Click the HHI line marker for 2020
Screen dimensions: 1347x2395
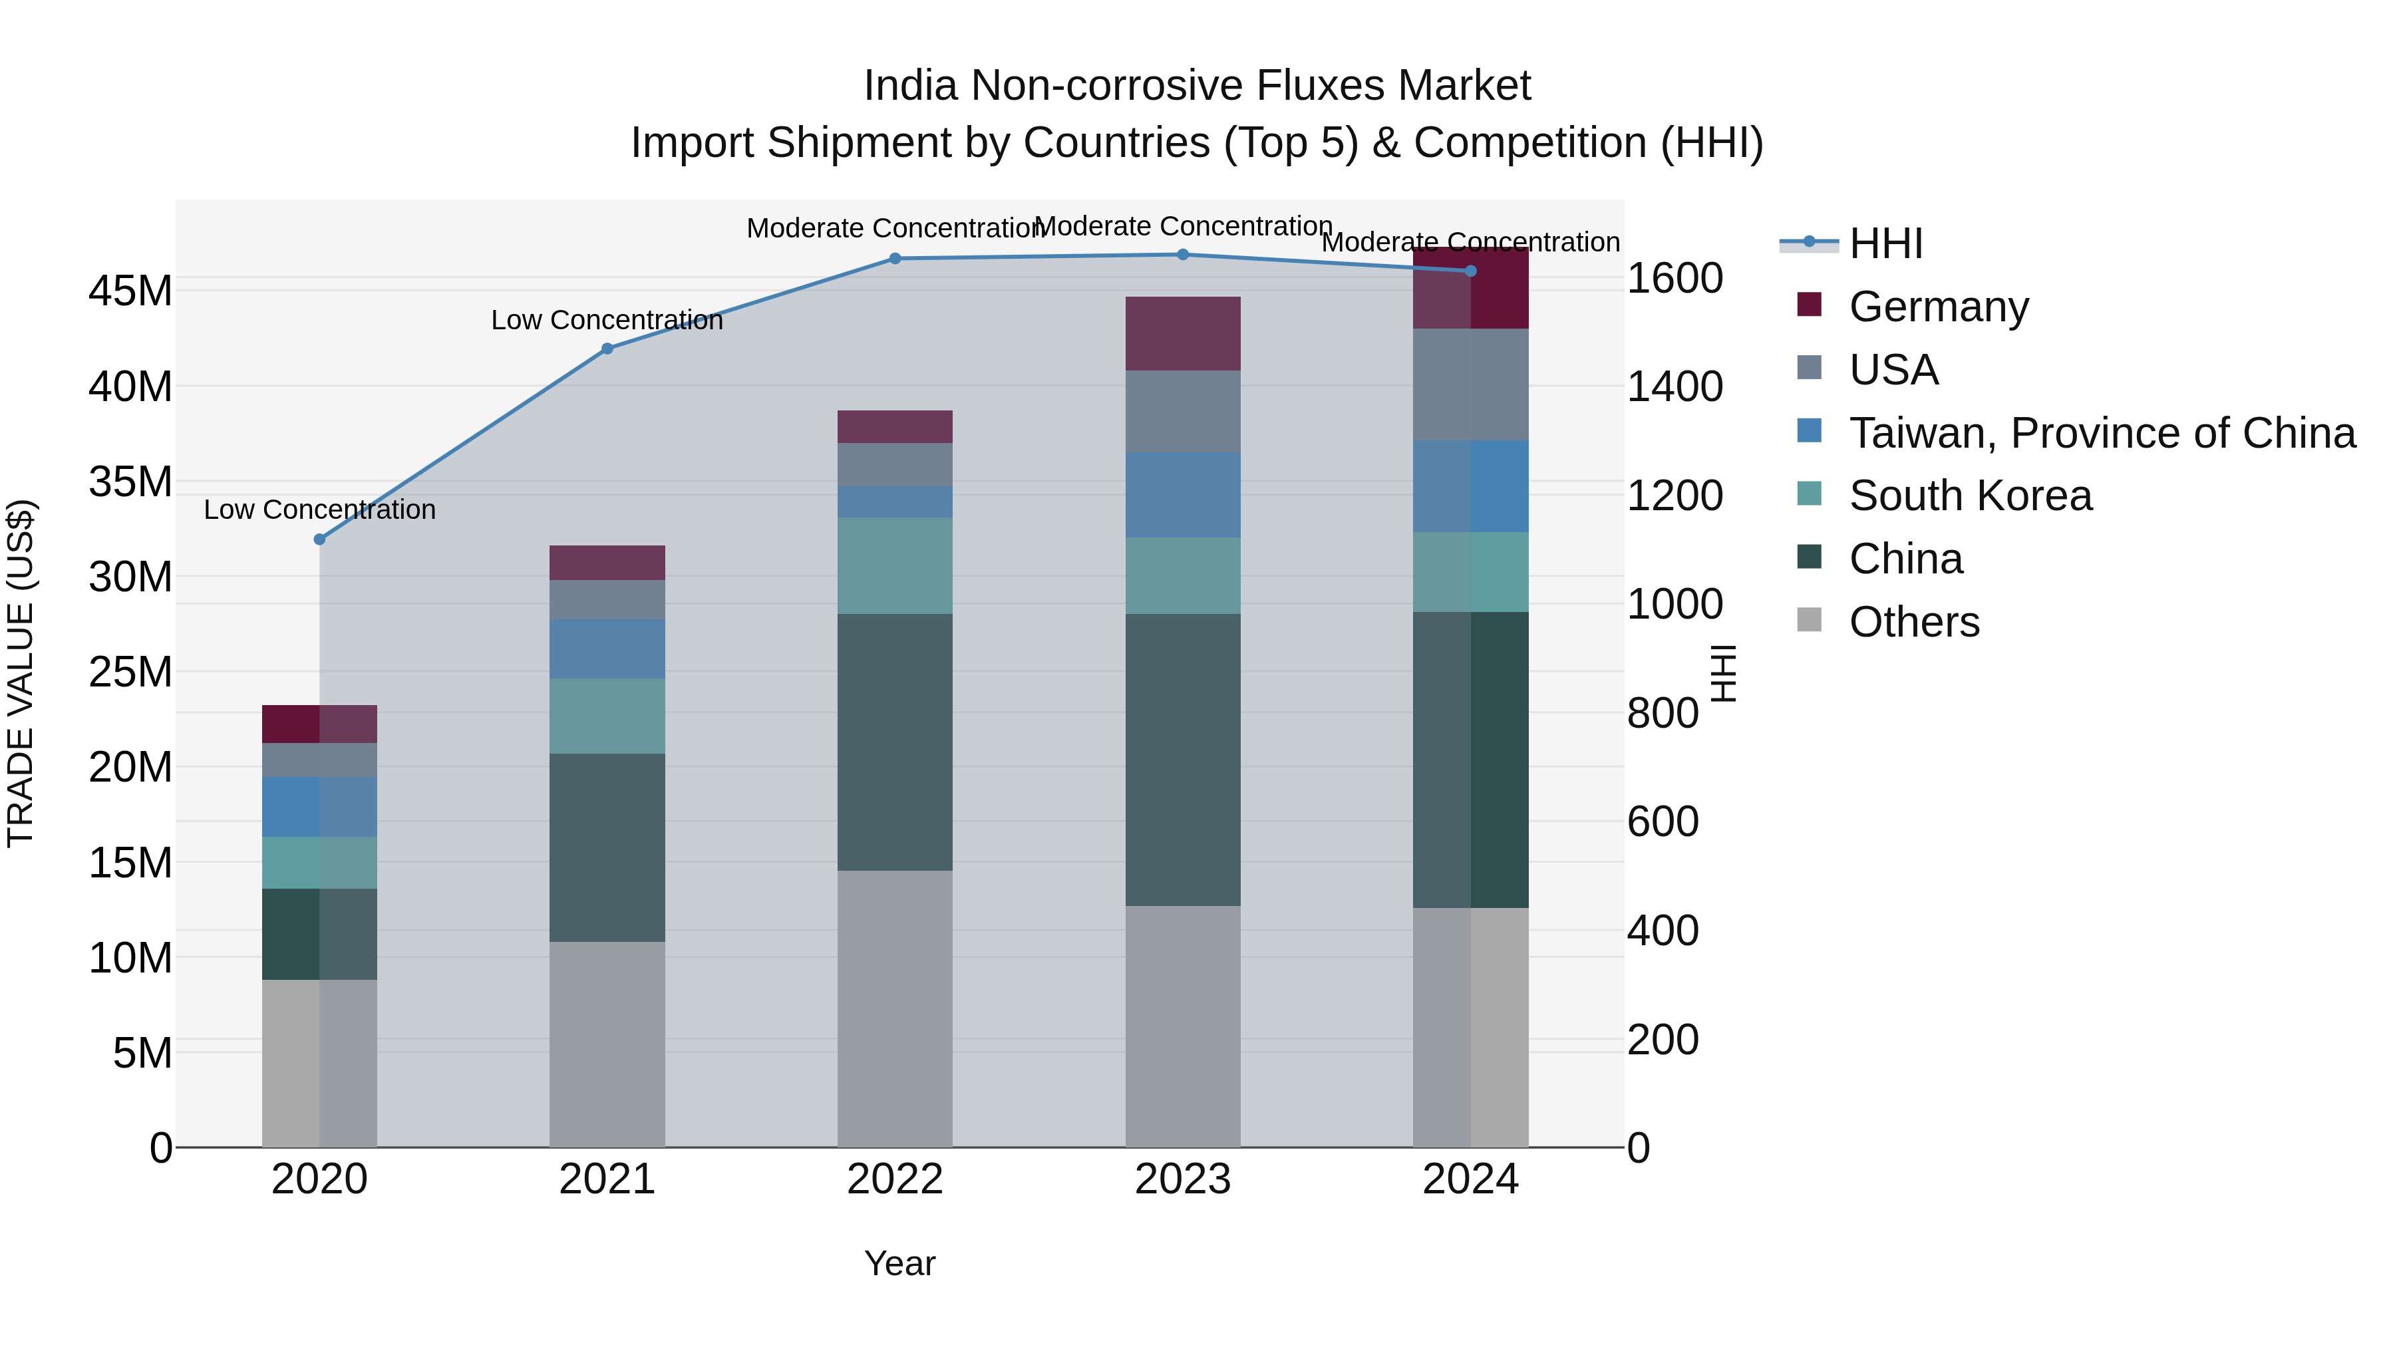tap(320, 539)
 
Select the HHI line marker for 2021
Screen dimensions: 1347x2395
tap(607, 349)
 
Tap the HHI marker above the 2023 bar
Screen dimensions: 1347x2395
tap(1183, 255)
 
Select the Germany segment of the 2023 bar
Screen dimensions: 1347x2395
tap(1183, 334)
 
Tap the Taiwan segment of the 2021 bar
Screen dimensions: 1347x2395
tap(607, 649)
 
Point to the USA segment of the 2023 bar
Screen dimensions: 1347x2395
tap(1183, 412)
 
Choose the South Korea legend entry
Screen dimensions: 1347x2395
tap(1970, 496)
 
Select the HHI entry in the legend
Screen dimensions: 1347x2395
tap(1885, 243)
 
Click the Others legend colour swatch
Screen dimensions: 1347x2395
tap(1810, 620)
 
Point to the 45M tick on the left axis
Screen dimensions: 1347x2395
tap(130, 291)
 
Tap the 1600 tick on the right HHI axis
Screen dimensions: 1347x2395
tap(1675, 278)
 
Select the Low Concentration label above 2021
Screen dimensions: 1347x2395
tap(607, 320)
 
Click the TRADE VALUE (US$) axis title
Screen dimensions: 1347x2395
tap(21, 673)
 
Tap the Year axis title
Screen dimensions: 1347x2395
tap(899, 1263)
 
